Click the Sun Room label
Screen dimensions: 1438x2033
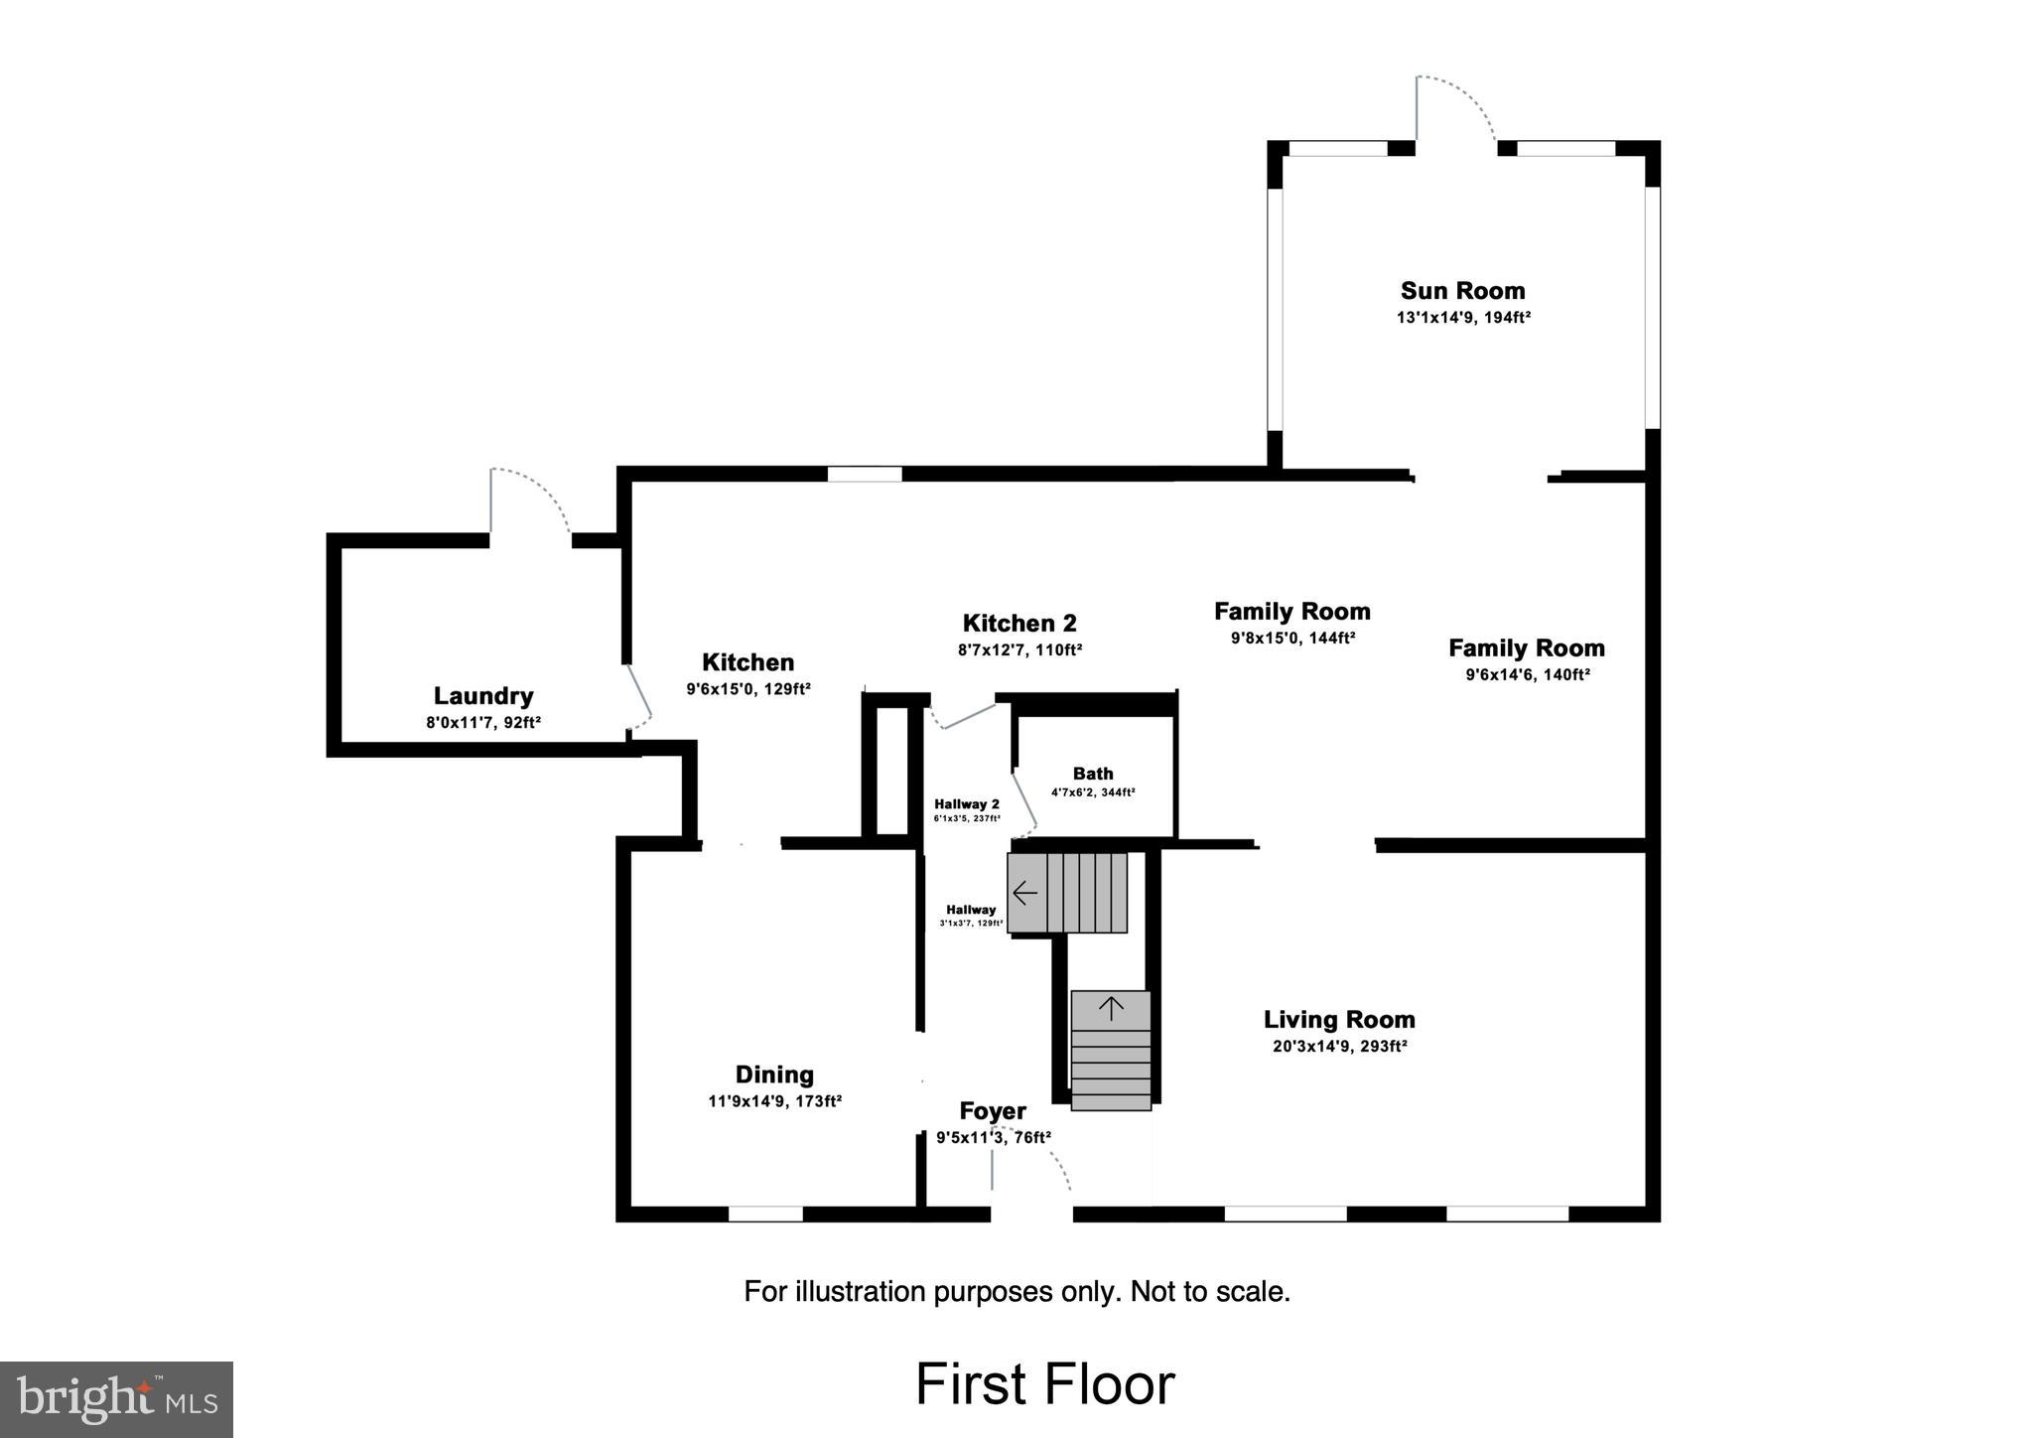(x=1462, y=291)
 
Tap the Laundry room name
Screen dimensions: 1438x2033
(x=483, y=696)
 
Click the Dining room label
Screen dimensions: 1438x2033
(x=774, y=1075)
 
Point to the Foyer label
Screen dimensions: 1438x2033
(x=992, y=1111)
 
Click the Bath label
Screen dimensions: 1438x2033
(x=1093, y=774)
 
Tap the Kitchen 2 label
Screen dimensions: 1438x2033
(x=1019, y=624)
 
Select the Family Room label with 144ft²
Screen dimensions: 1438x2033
(x=1291, y=612)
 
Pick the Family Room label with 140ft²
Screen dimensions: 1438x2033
(x=1526, y=648)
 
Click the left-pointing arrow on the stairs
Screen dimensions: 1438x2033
(x=1025, y=893)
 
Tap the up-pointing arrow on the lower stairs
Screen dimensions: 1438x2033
(x=1111, y=1009)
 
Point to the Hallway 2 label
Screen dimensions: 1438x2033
(x=966, y=804)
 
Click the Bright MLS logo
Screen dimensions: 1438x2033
(x=116, y=1399)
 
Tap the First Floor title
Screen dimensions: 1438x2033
(x=1044, y=1384)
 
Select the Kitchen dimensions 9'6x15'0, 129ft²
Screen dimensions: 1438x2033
(x=748, y=689)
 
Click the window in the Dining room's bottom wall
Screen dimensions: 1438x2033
(x=765, y=1214)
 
